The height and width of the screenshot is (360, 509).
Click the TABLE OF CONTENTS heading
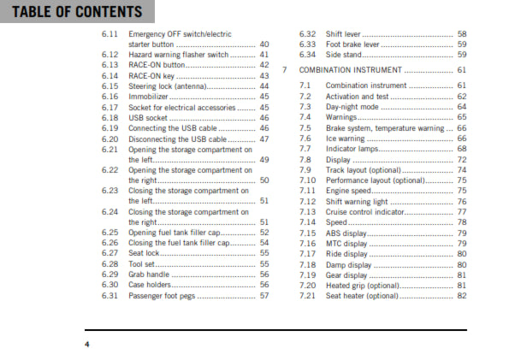coord(72,12)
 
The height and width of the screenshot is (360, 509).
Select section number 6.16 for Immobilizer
coord(109,97)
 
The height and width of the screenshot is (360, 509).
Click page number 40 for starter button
coord(264,44)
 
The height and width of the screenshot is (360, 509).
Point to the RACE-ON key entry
coord(153,75)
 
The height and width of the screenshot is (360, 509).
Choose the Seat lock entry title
coord(145,253)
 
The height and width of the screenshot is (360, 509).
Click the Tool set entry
coord(143,264)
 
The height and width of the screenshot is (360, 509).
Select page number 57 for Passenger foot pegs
coord(264,295)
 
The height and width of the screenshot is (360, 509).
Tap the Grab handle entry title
coord(151,274)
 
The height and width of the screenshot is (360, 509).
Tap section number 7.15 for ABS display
coord(308,233)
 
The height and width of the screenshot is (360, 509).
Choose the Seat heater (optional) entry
coord(363,296)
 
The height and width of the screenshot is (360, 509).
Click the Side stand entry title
coord(346,54)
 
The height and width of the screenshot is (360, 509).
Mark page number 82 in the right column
coord(462,296)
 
